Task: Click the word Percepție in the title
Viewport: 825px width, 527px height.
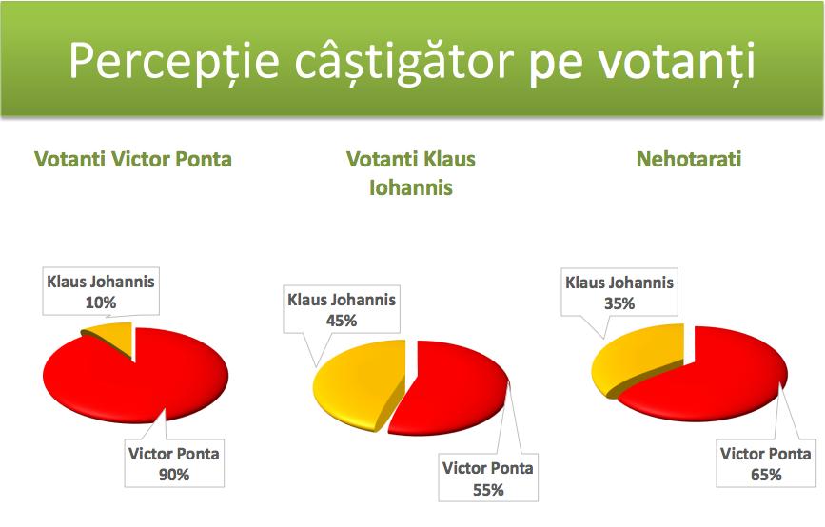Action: coord(173,62)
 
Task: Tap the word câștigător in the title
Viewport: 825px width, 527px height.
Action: coord(403,63)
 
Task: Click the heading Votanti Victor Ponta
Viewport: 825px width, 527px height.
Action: coord(133,159)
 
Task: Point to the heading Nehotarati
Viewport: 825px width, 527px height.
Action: coord(689,159)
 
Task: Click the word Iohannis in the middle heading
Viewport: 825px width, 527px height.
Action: coord(411,187)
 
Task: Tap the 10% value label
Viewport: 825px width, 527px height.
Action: coord(101,303)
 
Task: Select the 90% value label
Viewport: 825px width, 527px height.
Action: coord(174,475)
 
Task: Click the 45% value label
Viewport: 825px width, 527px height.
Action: coord(342,321)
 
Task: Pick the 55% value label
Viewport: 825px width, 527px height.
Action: coord(488,490)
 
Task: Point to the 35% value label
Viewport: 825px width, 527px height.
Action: coord(619,303)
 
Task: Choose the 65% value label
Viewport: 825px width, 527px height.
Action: coord(766,475)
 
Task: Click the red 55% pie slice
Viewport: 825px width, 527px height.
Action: coord(453,389)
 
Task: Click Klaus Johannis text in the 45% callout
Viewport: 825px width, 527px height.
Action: coord(342,300)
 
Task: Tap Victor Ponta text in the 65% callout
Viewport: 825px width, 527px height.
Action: coord(766,454)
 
